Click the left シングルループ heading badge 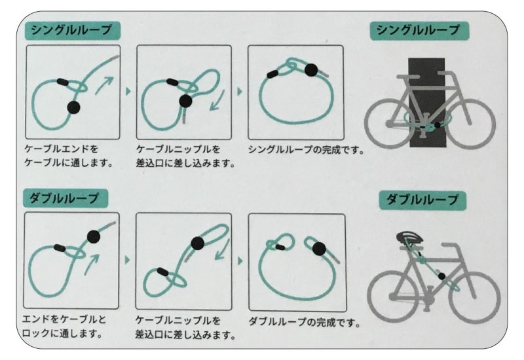point(73,30)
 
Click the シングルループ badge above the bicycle point(419,31)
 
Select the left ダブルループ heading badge point(65,198)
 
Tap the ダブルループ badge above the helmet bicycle point(422,200)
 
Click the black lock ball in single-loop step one point(73,107)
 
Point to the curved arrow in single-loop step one point(104,85)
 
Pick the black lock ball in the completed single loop point(311,70)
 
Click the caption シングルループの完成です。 point(306,150)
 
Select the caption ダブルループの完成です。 point(305,322)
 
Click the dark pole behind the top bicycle point(427,102)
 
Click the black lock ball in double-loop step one point(94,237)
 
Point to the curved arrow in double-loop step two point(223,249)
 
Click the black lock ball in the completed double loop point(319,249)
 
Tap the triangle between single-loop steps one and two point(128,91)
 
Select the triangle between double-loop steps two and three point(240,261)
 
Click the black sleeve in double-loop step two point(162,272)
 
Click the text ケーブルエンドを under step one point(62,149)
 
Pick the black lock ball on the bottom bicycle point(441,276)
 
